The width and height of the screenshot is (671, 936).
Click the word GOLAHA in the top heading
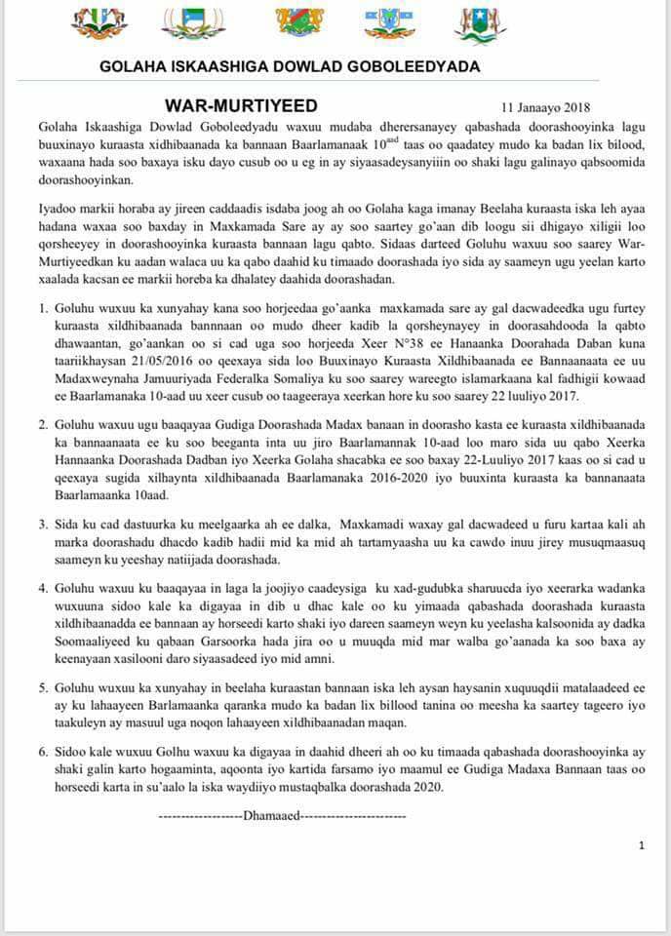pos(134,67)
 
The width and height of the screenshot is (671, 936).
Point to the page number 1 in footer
pos(641,845)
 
